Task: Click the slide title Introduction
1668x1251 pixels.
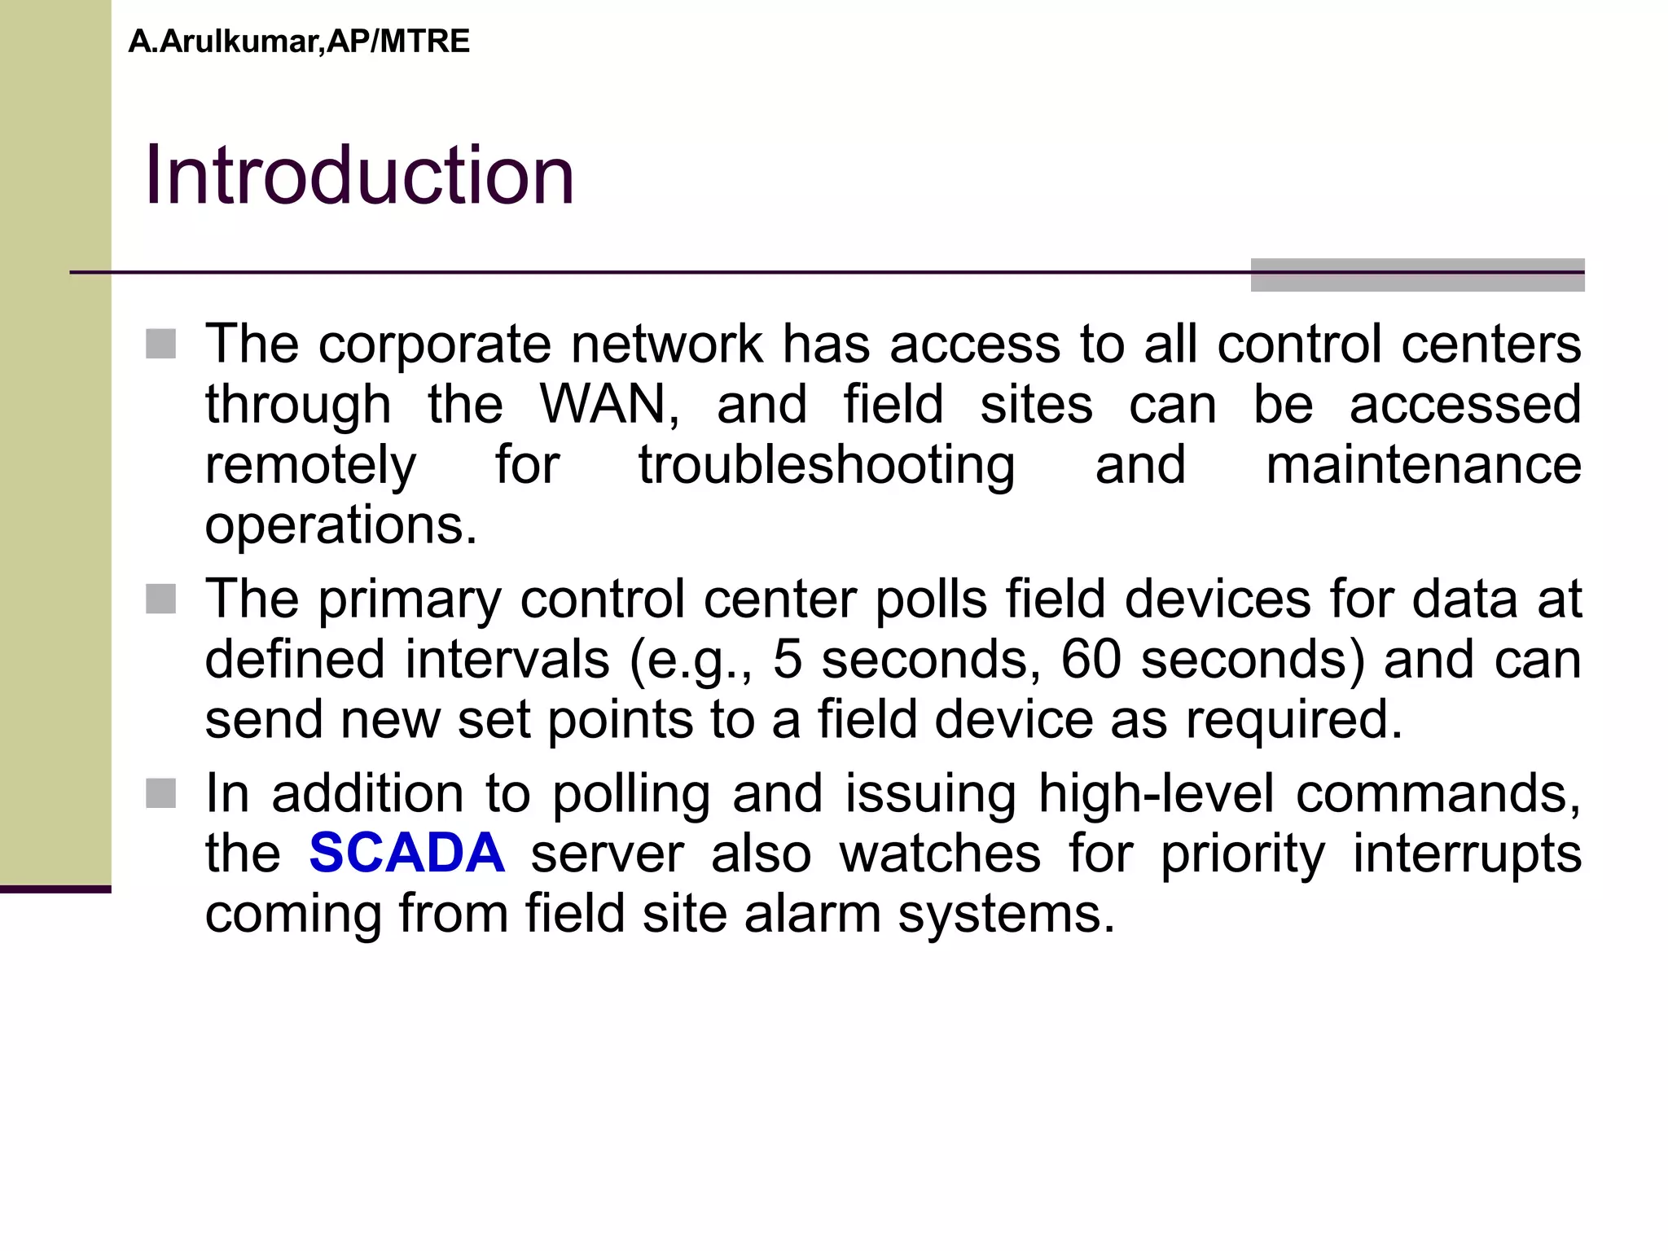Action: pos(359,175)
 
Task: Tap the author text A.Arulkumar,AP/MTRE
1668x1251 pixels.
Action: pos(299,42)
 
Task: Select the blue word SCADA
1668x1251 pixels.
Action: pos(406,853)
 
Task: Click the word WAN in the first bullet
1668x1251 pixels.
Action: pos(609,404)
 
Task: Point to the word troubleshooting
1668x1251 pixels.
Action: pos(826,465)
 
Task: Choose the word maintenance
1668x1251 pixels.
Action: pos(1423,465)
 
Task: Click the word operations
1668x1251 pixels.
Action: pos(340,525)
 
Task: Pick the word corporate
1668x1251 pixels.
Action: pos(434,344)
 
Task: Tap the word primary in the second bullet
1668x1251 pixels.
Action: pos(409,599)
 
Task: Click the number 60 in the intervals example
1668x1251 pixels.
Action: pos(1091,659)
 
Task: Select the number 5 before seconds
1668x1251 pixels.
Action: pos(787,659)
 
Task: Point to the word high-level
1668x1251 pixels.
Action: pos(1156,793)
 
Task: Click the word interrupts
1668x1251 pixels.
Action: pos(1466,853)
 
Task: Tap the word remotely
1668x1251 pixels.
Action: pos(310,465)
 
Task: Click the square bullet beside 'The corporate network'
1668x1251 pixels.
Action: pos(161,344)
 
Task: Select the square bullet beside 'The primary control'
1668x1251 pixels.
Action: pos(161,599)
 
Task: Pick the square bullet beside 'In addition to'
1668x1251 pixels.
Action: pos(161,793)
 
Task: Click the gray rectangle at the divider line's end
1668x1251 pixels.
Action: pos(1417,275)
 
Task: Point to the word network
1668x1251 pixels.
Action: pos(666,344)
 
